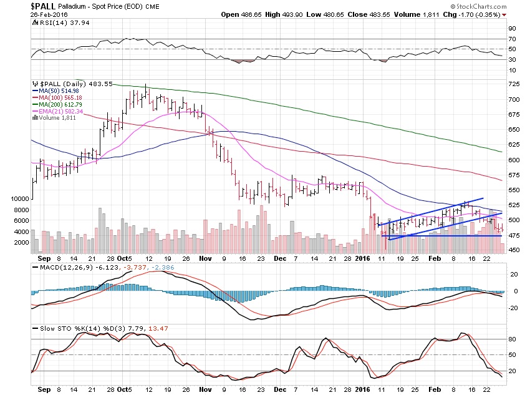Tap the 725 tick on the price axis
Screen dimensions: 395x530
click(514, 84)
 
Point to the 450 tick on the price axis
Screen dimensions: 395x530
click(514, 250)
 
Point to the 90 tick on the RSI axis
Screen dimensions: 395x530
click(511, 28)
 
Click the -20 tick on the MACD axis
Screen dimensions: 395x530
click(513, 306)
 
